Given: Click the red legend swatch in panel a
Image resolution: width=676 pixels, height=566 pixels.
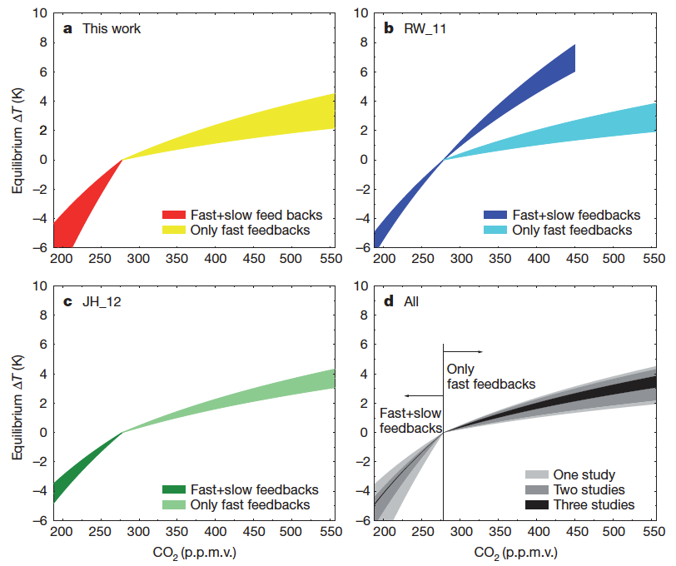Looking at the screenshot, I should [x=176, y=215].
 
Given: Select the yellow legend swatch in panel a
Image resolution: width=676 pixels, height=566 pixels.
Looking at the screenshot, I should [x=176, y=230].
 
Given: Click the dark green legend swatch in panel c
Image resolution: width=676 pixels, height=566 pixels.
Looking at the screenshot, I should [x=176, y=489].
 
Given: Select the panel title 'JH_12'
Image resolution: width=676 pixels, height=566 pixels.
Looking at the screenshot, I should [x=102, y=301].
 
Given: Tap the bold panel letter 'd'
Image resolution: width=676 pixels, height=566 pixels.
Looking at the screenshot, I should [x=387, y=301].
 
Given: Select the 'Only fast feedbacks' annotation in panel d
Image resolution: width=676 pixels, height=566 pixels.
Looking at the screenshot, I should [x=490, y=376].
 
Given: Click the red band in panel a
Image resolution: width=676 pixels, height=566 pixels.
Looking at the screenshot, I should [x=79, y=208].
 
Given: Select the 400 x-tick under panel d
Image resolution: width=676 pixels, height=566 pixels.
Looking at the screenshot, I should [x=538, y=535].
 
